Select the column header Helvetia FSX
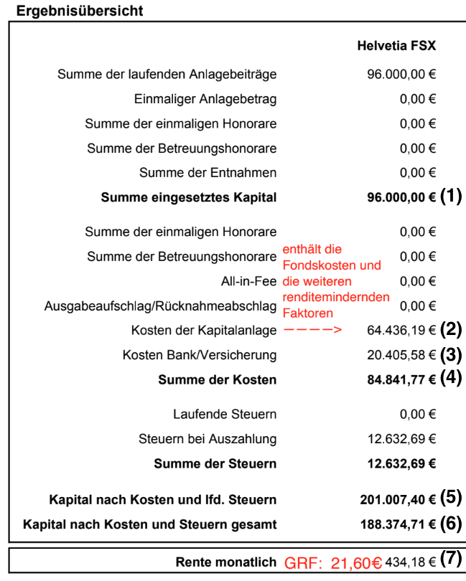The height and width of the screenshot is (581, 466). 396,46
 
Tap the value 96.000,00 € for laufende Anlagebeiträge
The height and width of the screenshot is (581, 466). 401,74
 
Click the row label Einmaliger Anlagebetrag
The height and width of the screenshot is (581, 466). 205,99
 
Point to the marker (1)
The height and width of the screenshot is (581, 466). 451,197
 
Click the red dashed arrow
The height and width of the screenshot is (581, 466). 312,331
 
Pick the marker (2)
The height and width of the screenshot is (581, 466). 451,330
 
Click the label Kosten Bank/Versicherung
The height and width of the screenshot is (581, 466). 199,355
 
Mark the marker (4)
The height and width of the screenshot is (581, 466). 451,378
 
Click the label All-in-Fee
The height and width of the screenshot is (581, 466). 248,281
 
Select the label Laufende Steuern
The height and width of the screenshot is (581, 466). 225,415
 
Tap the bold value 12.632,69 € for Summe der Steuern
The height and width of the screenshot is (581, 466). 401,464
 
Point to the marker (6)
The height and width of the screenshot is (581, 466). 451,523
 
